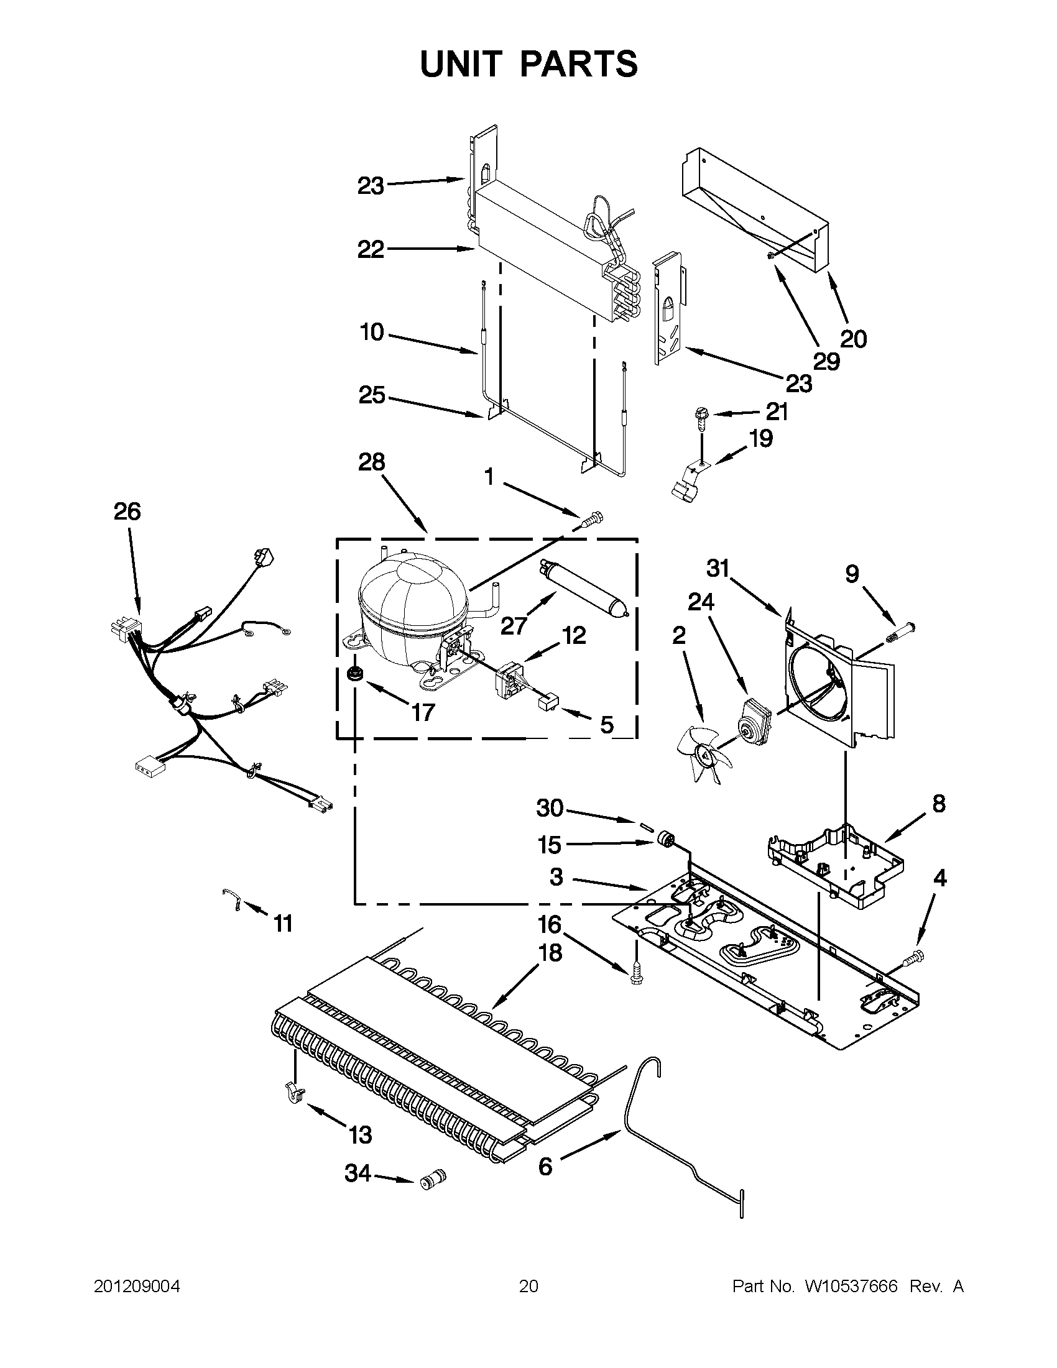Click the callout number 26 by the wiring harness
click(x=127, y=512)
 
